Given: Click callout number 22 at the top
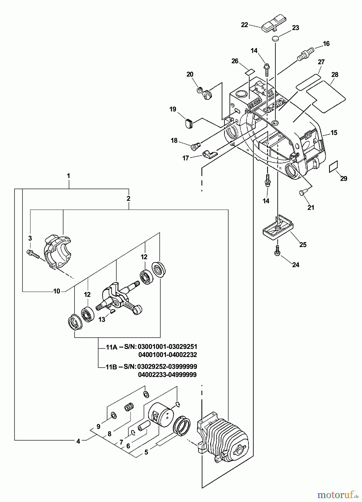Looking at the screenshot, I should pyautogui.click(x=244, y=25).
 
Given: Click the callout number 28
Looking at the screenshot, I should pyautogui.click(x=335, y=74).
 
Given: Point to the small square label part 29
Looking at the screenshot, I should pyautogui.click(x=334, y=167).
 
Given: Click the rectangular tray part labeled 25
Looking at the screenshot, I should pyautogui.click(x=277, y=229).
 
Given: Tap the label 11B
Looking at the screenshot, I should pyautogui.click(x=111, y=366).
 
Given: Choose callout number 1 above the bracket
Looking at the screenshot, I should pyautogui.click(x=68, y=176).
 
